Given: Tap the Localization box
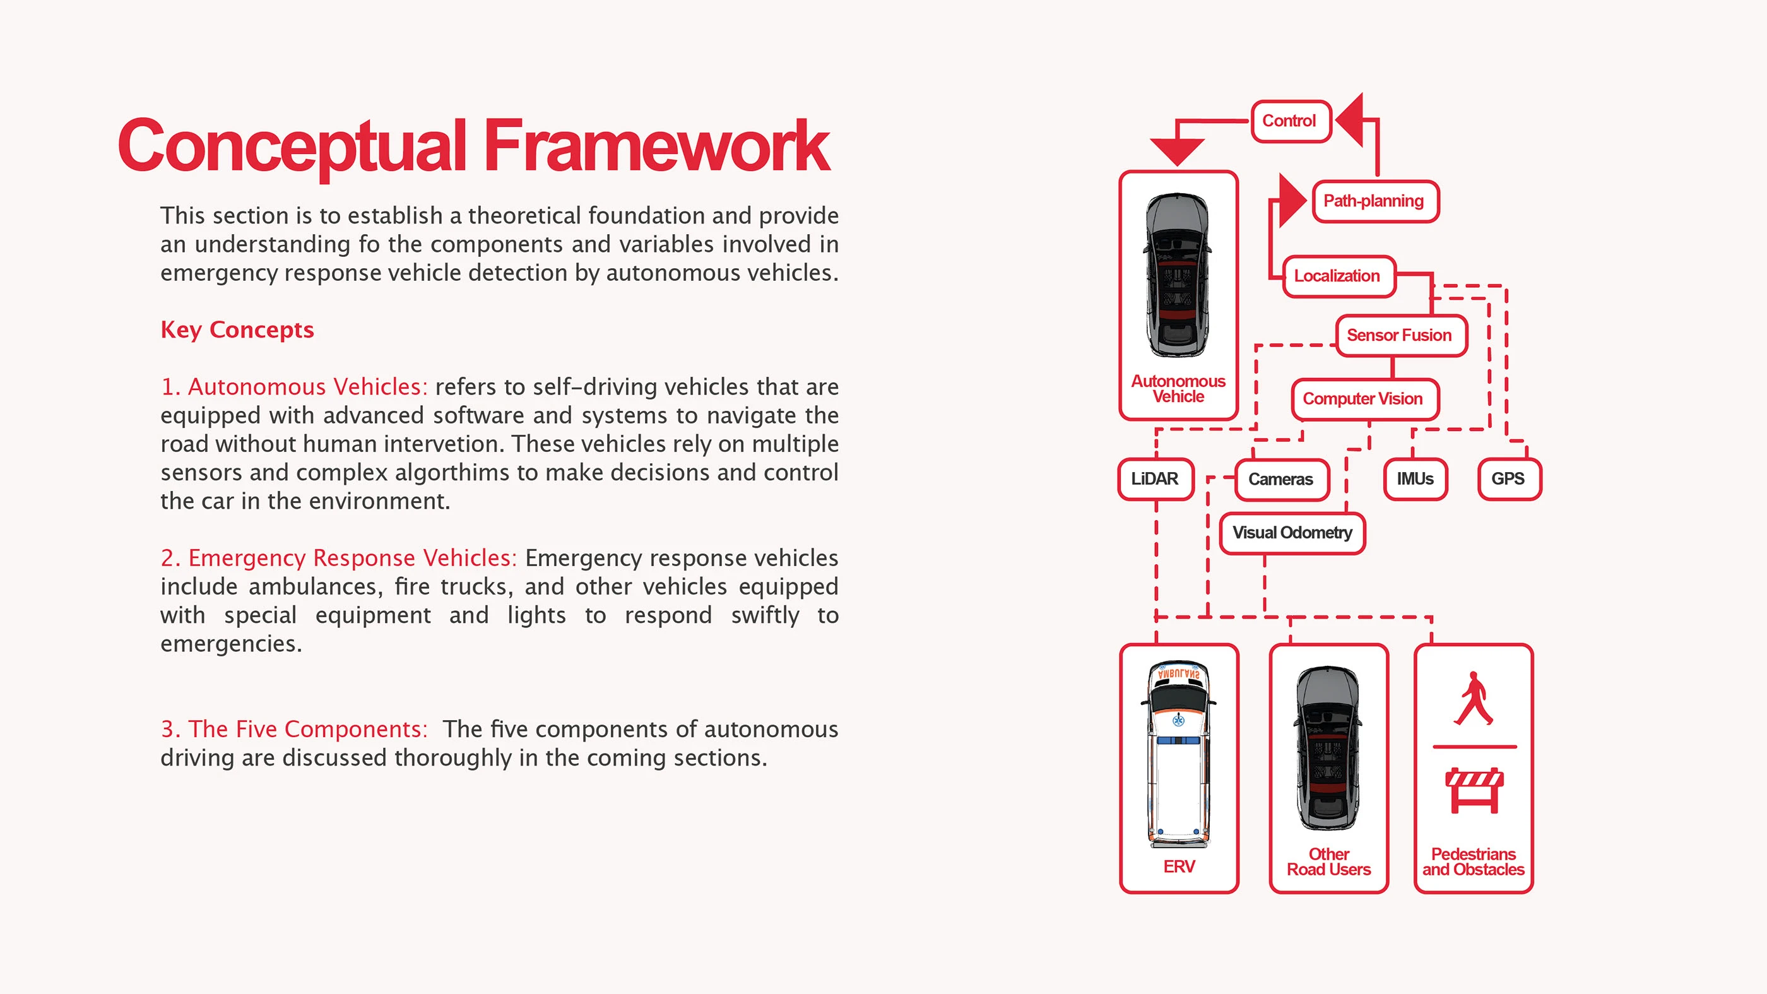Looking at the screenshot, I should coord(1339,276).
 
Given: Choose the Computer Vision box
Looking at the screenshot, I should coord(1364,399).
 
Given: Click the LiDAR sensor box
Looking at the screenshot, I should coord(1155,479).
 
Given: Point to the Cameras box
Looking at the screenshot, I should coord(1281,480).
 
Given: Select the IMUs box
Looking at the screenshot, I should coord(1415,479).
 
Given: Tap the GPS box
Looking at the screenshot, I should coord(1508,479).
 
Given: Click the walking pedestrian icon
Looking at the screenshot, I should coord(1474,699).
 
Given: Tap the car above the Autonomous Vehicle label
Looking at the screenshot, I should coord(1178,275).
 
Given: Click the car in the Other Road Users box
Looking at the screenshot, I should coord(1328,748).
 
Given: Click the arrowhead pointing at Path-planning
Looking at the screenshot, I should coord(1292,201).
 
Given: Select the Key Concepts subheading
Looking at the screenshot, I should coord(237,330).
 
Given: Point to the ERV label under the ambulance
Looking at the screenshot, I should coord(1179,867).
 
